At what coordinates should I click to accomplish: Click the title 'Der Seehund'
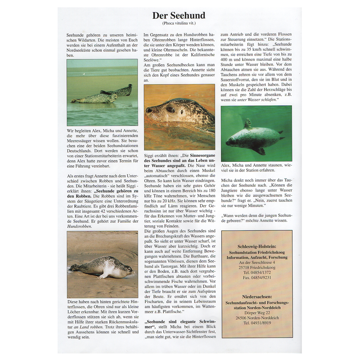point(179,16)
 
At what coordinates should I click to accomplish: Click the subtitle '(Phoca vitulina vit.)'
point(179,24)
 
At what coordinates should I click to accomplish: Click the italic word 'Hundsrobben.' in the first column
point(79,226)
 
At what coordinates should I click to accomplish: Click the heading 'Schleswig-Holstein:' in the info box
point(257,246)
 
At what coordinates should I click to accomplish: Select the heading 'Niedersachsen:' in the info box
point(257,296)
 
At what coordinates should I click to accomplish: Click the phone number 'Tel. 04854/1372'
point(257,272)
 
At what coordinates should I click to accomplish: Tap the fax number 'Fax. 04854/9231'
point(257,278)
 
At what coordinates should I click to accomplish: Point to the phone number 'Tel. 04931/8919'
point(257,323)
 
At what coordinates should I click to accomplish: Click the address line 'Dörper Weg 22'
point(257,312)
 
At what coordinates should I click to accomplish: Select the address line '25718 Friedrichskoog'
point(257,267)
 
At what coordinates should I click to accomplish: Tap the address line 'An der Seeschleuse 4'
point(257,262)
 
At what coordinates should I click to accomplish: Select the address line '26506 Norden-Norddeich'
point(257,318)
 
